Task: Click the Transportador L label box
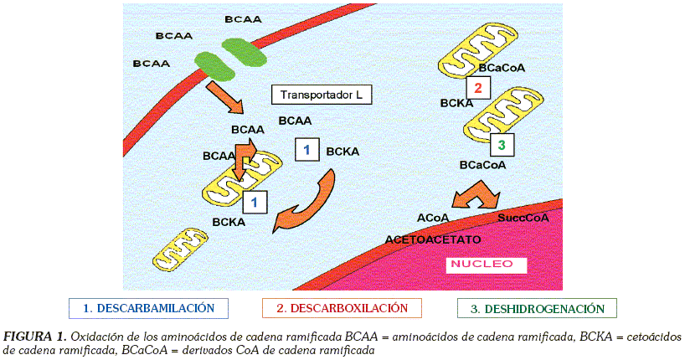pyautogui.click(x=321, y=95)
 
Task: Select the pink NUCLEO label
pyautogui.click(x=482, y=265)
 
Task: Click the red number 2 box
pyautogui.click(x=477, y=88)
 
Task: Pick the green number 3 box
pyautogui.click(x=501, y=146)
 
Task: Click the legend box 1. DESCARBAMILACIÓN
pyautogui.click(x=149, y=309)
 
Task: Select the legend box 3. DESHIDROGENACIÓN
pyautogui.click(x=537, y=309)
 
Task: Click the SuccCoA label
pyautogui.click(x=523, y=218)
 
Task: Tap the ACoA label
pyautogui.click(x=433, y=218)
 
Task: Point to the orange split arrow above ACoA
pyautogui.click(x=479, y=195)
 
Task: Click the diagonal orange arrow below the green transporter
pyautogui.click(x=224, y=97)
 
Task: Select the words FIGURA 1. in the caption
pyautogui.click(x=34, y=337)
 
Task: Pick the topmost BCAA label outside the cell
pyautogui.click(x=243, y=18)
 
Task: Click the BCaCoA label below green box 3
pyautogui.click(x=482, y=165)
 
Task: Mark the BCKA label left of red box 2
pyautogui.click(x=456, y=103)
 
